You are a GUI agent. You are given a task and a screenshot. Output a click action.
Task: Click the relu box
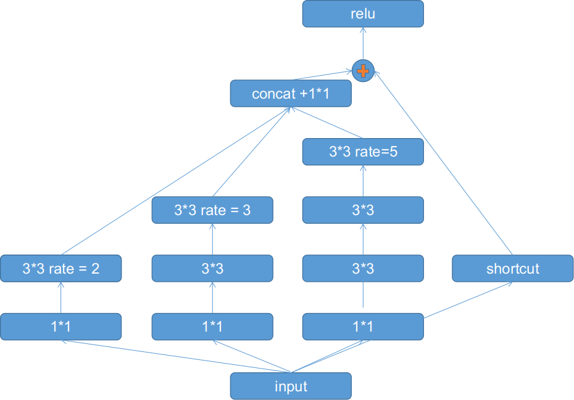click(362, 14)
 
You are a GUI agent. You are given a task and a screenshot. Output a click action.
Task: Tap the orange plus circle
click(363, 70)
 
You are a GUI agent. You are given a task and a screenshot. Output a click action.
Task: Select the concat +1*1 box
click(291, 94)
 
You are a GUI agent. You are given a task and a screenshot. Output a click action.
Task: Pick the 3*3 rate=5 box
click(362, 152)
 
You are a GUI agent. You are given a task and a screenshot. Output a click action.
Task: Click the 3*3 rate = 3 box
click(212, 210)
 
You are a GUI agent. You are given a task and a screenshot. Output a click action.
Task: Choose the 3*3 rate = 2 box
click(60, 269)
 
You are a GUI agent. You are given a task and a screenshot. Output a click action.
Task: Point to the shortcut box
click(512, 269)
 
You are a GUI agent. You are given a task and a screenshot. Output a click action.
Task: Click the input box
click(291, 386)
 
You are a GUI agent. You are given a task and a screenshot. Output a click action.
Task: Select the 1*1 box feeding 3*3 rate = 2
click(60, 327)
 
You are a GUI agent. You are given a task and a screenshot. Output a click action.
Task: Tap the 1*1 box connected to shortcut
click(362, 327)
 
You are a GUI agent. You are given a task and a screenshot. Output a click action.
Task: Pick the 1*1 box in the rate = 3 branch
click(212, 327)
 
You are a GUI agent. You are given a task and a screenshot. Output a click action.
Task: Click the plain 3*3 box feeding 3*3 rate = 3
click(212, 269)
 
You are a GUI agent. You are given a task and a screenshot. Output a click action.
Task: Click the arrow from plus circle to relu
click(363, 44)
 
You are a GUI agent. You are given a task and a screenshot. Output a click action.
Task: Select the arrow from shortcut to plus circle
click(444, 163)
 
